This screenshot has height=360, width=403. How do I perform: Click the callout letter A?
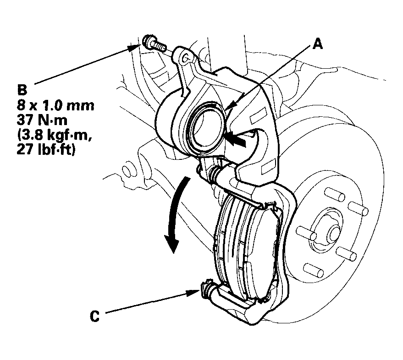coord(318,44)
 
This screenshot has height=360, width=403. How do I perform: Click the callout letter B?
coord(22,90)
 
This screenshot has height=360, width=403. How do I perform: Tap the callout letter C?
coord(94,316)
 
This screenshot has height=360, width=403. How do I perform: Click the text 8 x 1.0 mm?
coord(56,105)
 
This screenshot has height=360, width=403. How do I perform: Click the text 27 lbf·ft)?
coord(46,149)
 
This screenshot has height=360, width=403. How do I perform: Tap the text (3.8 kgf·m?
coord(55,135)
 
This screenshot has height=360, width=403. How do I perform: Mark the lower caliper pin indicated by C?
coord(210,291)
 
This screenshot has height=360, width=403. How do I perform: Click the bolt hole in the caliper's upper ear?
coord(185,59)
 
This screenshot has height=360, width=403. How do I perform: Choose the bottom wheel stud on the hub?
coord(313,270)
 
